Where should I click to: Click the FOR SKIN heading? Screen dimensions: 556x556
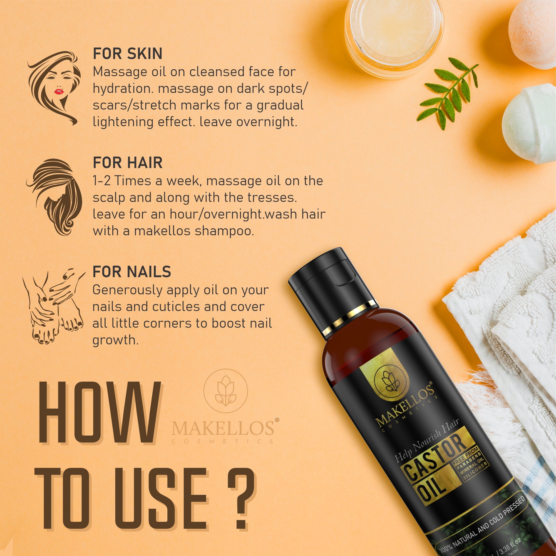click(128, 54)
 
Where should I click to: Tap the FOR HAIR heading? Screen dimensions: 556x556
click(128, 163)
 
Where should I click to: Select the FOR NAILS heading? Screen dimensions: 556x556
click(131, 272)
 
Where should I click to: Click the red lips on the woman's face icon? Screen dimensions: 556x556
click(59, 91)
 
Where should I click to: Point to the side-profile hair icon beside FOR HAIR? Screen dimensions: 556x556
click(55, 197)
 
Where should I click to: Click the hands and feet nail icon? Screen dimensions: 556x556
click(53, 306)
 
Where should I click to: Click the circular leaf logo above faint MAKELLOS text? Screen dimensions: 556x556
click(226, 391)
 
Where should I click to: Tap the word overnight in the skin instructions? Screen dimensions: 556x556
click(267, 122)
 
